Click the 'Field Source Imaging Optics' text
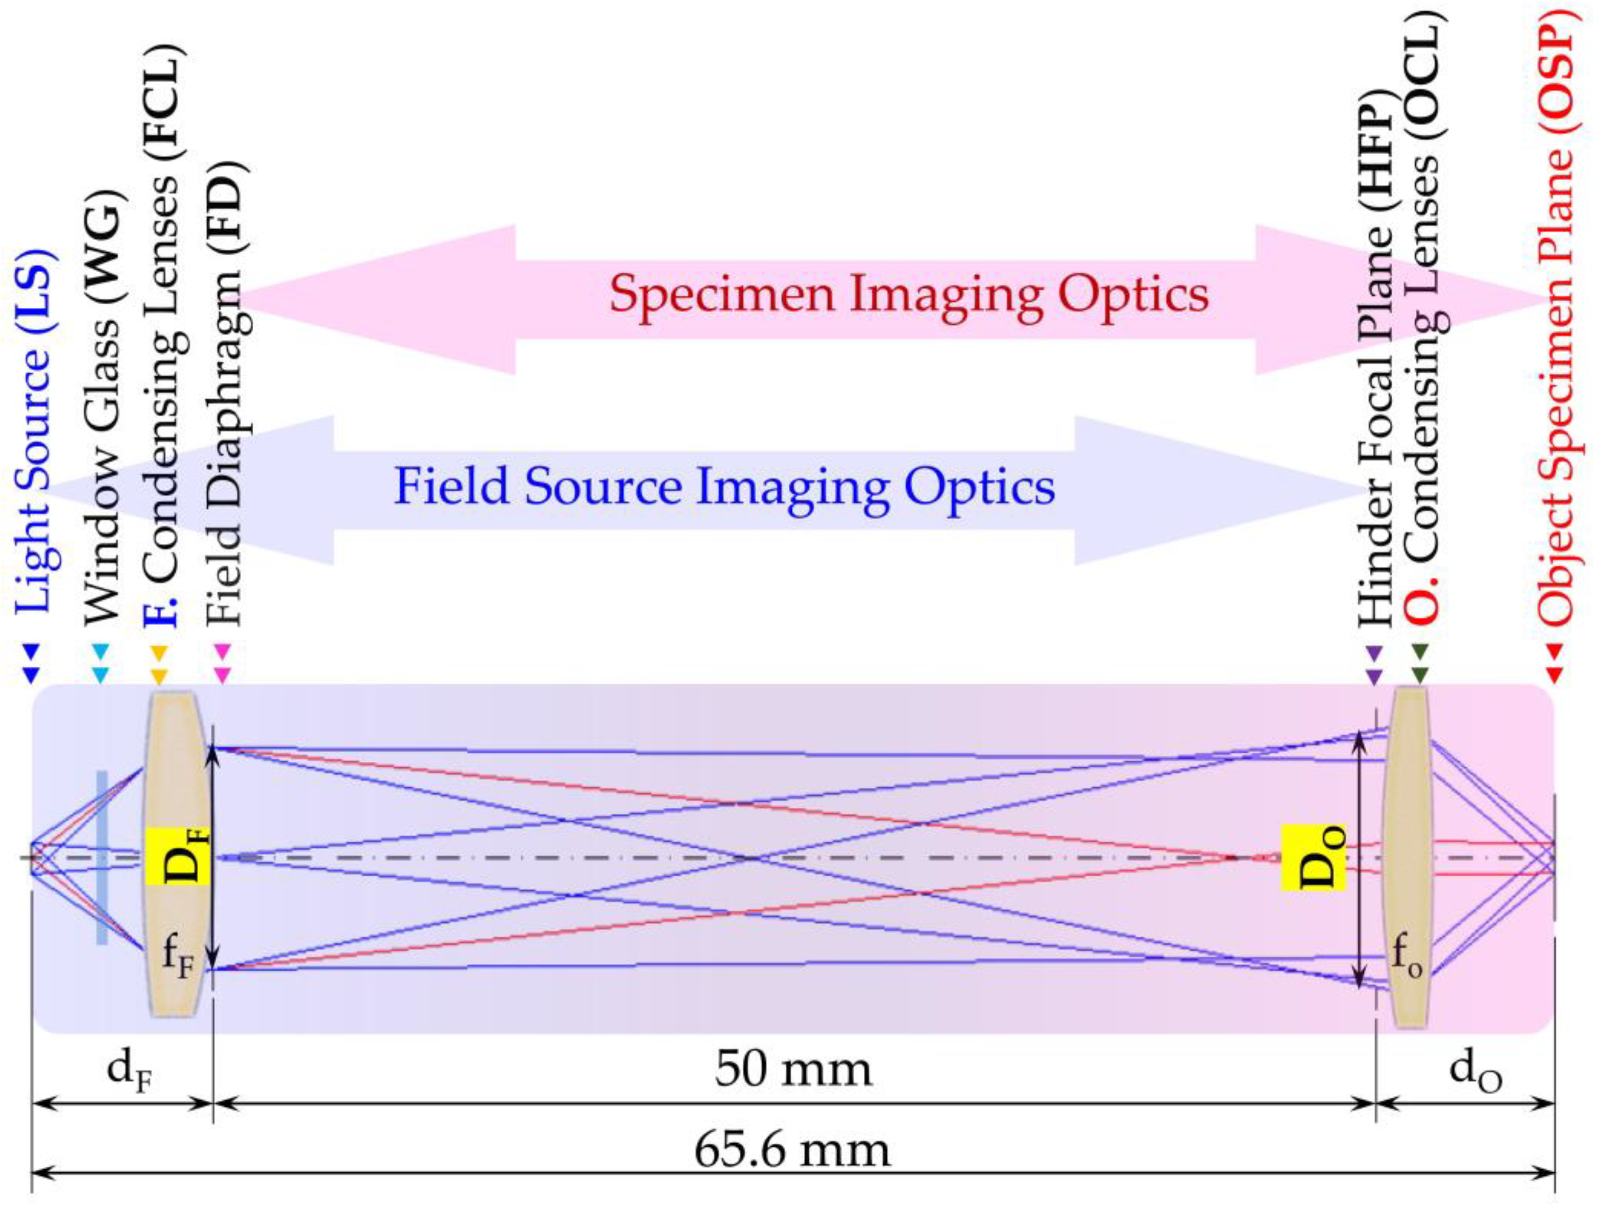pyautogui.click(x=724, y=487)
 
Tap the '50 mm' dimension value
pyautogui.click(x=793, y=1069)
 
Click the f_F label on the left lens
pyautogui.click(x=178, y=957)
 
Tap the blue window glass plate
pyautogui.click(x=102, y=857)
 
